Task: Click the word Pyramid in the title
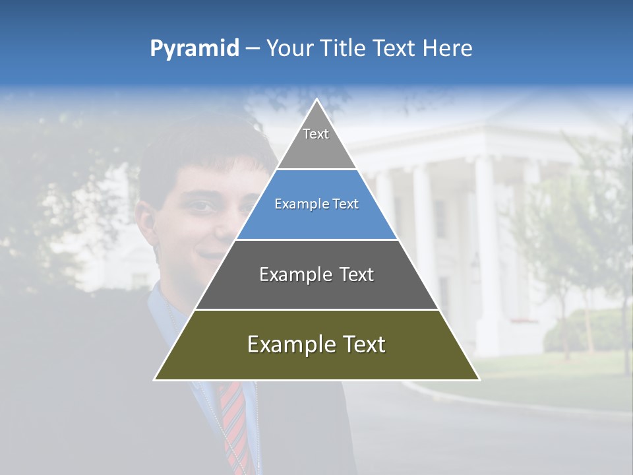(195, 49)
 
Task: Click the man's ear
(146, 221)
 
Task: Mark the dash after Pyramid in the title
(253, 49)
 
